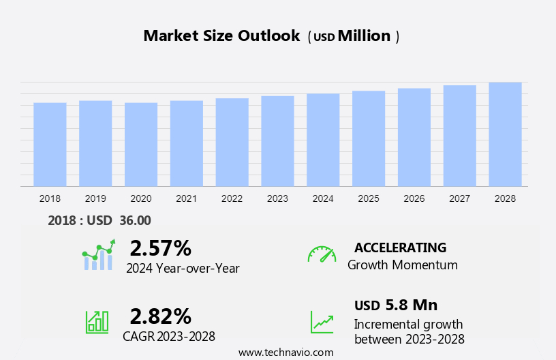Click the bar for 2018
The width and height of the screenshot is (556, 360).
point(50,145)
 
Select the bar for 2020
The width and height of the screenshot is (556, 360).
point(141,145)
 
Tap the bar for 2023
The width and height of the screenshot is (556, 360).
point(277,141)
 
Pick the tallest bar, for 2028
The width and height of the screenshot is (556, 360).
point(505,134)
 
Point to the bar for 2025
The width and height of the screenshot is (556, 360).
point(369,138)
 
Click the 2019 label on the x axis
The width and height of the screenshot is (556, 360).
point(95,198)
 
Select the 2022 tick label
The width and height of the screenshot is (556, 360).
point(232,198)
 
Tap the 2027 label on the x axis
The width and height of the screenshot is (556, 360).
point(459,198)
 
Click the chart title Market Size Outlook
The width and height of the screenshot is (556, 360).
point(221,36)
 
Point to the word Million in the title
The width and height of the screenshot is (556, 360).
point(364,36)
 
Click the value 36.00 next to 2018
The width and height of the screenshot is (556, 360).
point(136,220)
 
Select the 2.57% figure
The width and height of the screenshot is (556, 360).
point(160,247)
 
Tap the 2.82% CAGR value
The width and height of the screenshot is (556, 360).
point(160,316)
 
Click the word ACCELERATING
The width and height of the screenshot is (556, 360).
point(400,247)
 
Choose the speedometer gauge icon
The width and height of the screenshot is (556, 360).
point(322,254)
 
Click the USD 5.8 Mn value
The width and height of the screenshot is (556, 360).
point(396,305)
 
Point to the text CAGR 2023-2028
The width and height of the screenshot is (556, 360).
point(169,336)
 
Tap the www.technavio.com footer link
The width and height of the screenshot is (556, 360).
point(285,352)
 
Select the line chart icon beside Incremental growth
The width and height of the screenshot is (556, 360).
point(322,322)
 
